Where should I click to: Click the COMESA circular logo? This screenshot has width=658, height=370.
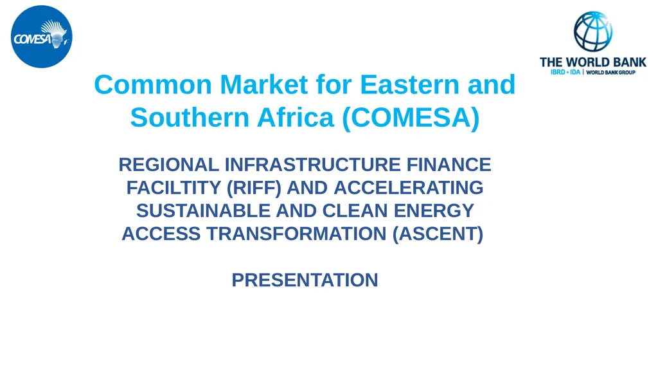pos(42,36)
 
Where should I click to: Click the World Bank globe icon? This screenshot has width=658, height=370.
pos(592,30)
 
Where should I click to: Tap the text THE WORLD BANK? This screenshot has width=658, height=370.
pos(592,62)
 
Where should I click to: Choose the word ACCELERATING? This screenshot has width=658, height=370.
pos(409,189)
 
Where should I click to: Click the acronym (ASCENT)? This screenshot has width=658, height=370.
pos(438,234)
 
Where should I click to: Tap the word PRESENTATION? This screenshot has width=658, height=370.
pos(305,281)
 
